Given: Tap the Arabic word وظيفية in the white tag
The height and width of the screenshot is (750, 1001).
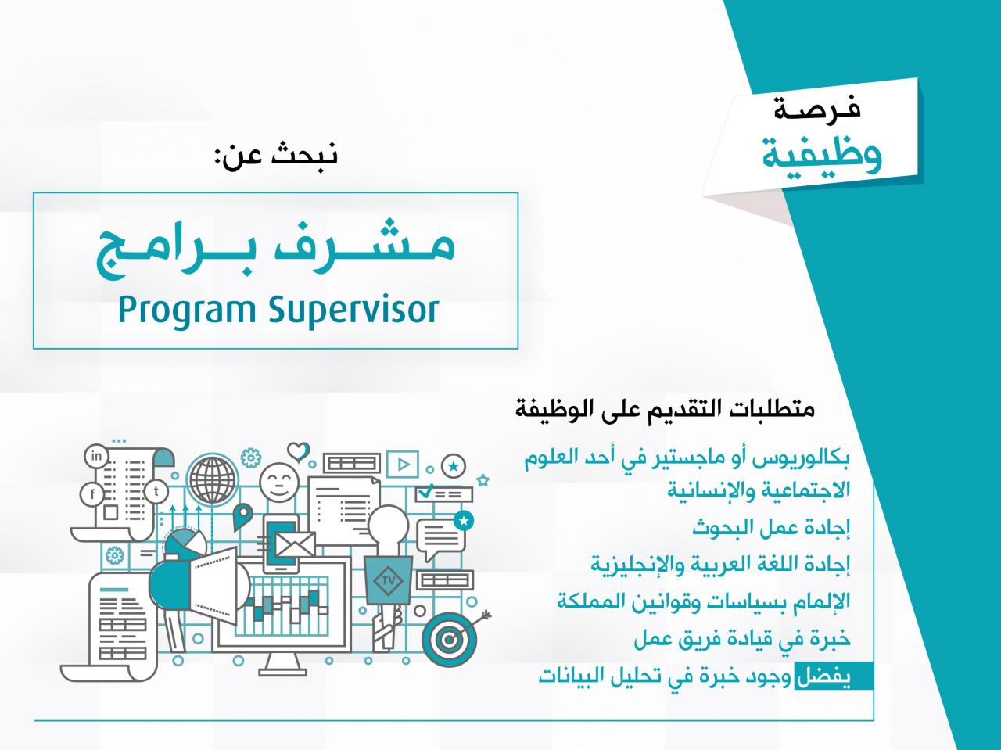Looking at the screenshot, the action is pos(821,155).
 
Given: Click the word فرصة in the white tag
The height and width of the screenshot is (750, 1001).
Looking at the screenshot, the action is pos(816,108).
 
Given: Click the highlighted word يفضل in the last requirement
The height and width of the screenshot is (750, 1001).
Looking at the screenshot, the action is pos(823,676).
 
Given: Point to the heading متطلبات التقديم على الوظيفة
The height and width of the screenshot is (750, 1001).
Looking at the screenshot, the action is pos(665,408).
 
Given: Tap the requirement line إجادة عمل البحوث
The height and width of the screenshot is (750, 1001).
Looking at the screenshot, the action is pos(771,528).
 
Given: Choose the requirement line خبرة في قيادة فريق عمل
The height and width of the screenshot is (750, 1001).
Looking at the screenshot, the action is pos(742,639).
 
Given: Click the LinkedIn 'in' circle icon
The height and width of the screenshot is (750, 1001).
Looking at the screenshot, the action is pos(96,456).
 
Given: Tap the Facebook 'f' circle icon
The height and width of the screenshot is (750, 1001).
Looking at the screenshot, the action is pos(92,493).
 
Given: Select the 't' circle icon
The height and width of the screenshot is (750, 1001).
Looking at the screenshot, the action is pos(156,492).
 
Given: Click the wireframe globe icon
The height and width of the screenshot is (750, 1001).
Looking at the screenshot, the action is pos(213,479).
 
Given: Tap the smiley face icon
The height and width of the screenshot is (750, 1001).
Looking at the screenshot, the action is pos(279,483).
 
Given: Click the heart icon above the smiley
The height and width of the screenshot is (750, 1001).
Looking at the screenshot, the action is pos(298,451).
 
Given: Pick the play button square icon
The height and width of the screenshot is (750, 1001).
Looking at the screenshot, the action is pos(402,464).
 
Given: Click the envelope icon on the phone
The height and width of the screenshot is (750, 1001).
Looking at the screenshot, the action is pos(295,545).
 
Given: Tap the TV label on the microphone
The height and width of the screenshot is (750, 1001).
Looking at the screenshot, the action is pos(388,581).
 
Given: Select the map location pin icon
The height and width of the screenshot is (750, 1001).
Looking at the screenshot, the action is pos(242,516).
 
